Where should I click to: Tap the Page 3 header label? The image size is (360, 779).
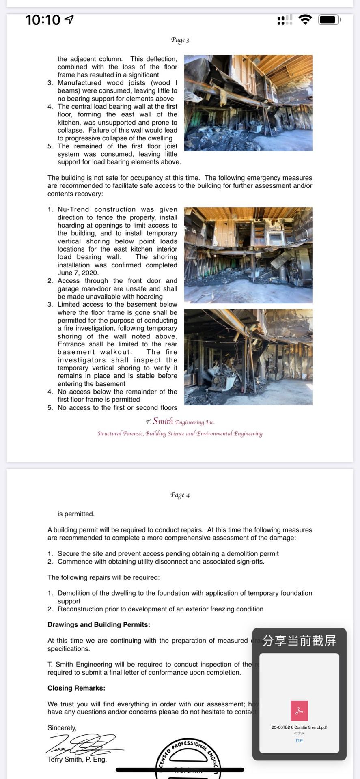(x=180, y=40)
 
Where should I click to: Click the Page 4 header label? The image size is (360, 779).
(x=180, y=495)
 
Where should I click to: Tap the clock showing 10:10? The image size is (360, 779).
(x=43, y=19)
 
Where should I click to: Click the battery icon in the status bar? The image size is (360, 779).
(x=329, y=19)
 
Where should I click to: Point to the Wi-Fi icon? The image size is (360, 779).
(x=305, y=19)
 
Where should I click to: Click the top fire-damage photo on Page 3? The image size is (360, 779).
(x=248, y=103)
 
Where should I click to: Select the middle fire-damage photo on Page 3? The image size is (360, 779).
(x=248, y=255)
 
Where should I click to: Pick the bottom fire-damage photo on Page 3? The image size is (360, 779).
(x=248, y=357)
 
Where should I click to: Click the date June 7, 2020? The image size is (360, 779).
(x=78, y=273)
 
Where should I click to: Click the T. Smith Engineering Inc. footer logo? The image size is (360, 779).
(x=180, y=422)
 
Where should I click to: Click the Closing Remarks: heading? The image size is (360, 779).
(x=76, y=688)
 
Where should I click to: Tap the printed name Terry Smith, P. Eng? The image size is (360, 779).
(x=77, y=760)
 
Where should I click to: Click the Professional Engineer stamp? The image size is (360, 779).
(x=188, y=759)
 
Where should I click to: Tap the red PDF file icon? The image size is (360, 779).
(x=299, y=711)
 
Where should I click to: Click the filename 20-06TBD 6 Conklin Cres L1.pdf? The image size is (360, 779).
(x=299, y=727)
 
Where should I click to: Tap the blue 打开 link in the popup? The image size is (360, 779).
(x=299, y=741)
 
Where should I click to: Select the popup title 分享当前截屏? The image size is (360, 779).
(x=299, y=641)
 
